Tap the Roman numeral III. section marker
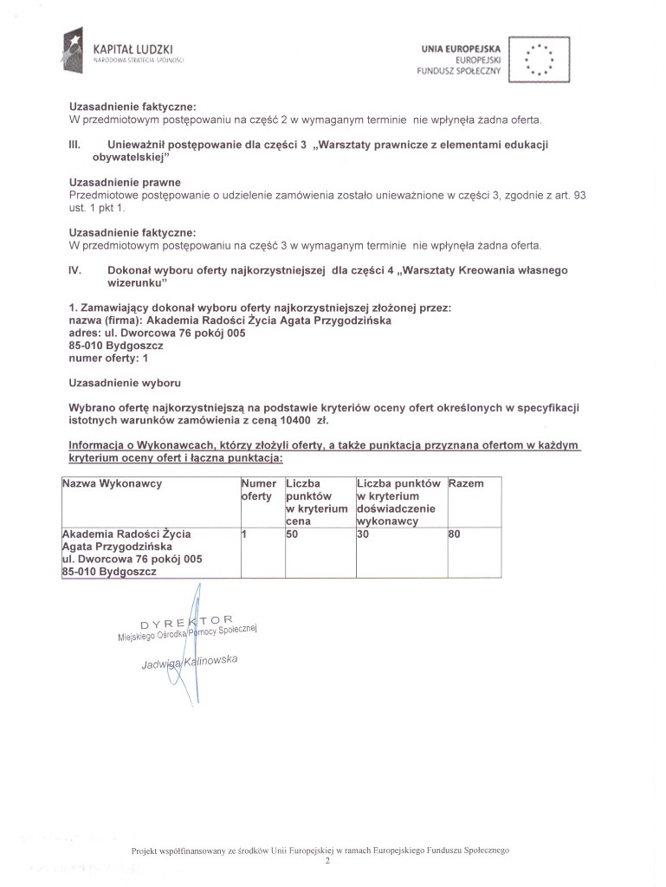[74, 144]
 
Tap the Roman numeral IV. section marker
[74, 270]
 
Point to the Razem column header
[467, 483]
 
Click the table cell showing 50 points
[292, 534]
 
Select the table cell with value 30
[362, 534]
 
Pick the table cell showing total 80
[455, 534]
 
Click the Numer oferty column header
[258, 489]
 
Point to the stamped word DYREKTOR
[186, 622]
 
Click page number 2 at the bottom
[327, 862]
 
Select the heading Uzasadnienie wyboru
[125, 382]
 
